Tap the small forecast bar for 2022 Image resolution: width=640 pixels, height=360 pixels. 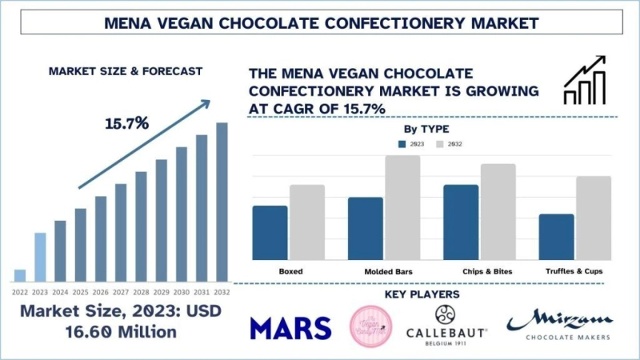[20, 275]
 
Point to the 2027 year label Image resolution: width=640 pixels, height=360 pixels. [121, 293]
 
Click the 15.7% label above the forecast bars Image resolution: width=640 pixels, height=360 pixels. [126, 125]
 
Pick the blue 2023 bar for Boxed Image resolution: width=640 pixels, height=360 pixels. [270, 232]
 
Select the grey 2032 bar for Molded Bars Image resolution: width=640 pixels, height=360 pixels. [402, 207]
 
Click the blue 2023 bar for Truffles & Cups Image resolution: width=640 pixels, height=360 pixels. [556, 236]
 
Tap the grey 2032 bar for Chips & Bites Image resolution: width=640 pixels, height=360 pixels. [498, 211]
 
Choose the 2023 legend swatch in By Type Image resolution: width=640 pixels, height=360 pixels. [403, 144]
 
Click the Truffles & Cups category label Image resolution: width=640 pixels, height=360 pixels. [574, 272]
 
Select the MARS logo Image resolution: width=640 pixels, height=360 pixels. [290, 327]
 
